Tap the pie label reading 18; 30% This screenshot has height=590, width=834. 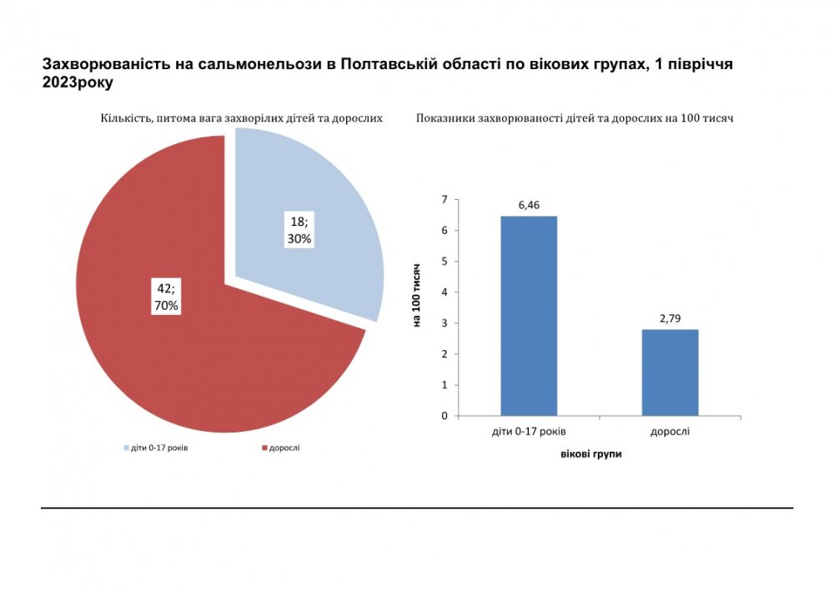[x=299, y=231]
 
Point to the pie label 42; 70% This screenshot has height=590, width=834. [x=165, y=297]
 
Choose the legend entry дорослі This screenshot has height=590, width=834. [x=284, y=447]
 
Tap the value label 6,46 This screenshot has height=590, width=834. [x=529, y=205]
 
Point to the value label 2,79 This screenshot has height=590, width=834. [x=670, y=318]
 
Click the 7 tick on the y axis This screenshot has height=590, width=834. [x=445, y=199]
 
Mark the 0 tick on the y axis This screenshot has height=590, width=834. [x=445, y=416]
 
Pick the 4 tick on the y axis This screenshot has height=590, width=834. [x=445, y=292]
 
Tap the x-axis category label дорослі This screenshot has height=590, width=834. [x=670, y=432]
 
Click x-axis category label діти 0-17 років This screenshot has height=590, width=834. [x=529, y=432]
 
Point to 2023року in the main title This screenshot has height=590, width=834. [x=77, y=83]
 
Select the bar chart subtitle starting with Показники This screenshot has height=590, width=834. [x=574, y=118]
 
